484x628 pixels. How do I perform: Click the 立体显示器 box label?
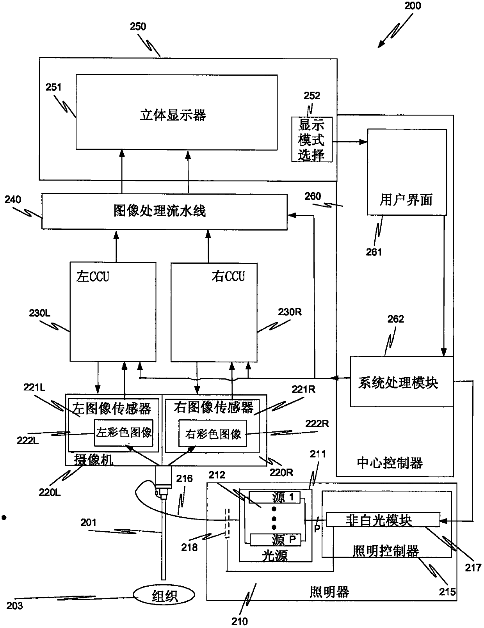coord(173,115)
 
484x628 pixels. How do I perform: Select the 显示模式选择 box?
coord(312,139)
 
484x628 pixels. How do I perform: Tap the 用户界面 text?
coord(406,199)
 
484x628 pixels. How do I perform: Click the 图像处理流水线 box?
coord(164,211)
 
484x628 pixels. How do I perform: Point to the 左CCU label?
coord(93,277)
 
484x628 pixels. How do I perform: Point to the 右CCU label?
coord(228,276)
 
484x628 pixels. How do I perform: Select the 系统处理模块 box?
coord(401,381)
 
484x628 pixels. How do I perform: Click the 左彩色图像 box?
coord(124,433)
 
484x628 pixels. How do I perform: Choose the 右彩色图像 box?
coord(212,433)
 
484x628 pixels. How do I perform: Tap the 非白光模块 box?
coord(383,520)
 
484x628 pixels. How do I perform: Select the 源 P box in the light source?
coord(275,539)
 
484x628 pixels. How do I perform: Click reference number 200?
coord(412,6)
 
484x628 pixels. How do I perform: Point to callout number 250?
coord(138,27)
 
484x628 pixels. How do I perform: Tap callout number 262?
coord(395,319)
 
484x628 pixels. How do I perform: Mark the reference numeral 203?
coord(14,605)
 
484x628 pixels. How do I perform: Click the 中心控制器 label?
coord(390,463)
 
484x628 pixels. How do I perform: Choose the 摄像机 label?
coord(93,459)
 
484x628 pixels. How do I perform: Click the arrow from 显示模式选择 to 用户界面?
coord(350,142)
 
